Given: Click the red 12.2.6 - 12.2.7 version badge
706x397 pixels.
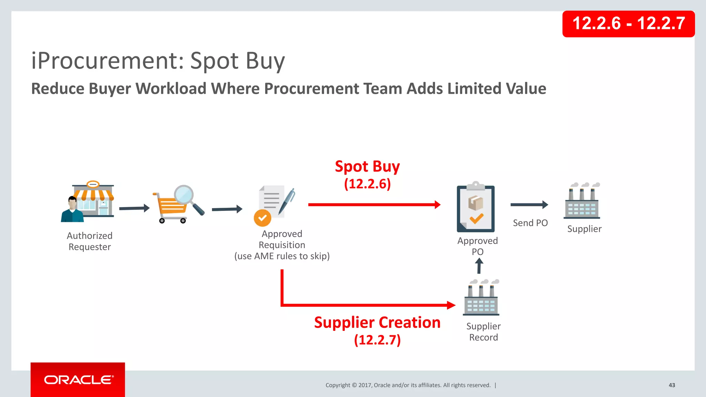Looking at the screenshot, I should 628,24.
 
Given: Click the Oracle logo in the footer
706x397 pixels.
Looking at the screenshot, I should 78,380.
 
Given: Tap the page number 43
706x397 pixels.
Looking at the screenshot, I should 672,385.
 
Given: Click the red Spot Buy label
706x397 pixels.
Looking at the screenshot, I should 367,166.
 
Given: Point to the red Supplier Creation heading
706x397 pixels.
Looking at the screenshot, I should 377,323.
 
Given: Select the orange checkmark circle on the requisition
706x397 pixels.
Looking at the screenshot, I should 262,218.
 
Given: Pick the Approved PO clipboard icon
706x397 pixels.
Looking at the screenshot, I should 476,208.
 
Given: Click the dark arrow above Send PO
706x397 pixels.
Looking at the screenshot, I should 529,205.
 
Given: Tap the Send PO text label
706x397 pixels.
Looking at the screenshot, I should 530,223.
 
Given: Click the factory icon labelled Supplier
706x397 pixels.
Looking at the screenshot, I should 582,203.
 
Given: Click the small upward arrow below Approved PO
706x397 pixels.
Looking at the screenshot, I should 479,266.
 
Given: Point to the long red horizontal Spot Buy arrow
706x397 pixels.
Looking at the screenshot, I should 374,205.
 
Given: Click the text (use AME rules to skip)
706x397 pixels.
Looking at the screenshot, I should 282,256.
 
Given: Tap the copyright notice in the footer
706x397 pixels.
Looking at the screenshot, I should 408,385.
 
